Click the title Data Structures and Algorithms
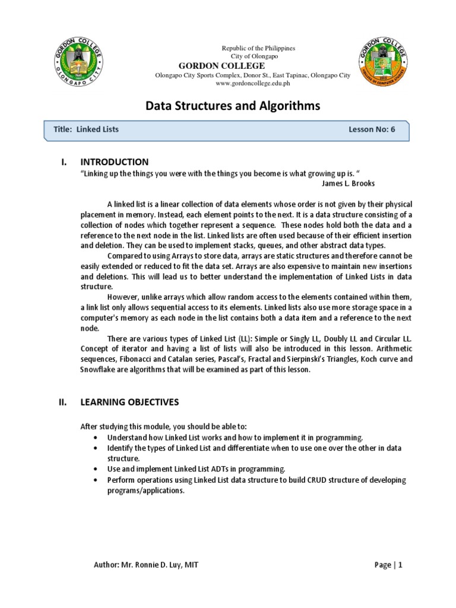tap(233, 106)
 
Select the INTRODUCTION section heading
tap(115, 162)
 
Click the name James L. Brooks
tap(348, 183)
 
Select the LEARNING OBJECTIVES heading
tap(129, 402)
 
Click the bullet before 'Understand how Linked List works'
tap(96, 437)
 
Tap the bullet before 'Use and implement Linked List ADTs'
tap(96, 468)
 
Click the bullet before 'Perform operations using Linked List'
tap(96, 479)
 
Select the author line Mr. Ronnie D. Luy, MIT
tap(146, 565)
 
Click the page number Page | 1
tap(388, 565)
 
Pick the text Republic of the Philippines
tap(258, 48)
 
